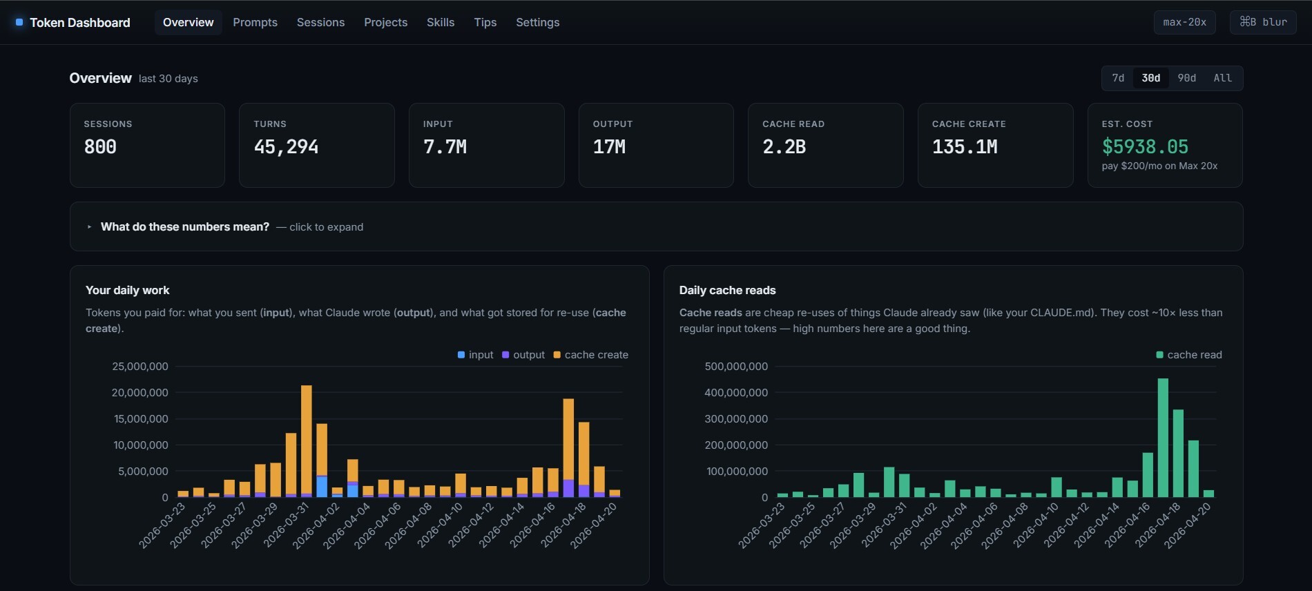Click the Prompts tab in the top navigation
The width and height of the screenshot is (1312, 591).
click(255, 22)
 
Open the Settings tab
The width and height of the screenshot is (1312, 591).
click(537, 22)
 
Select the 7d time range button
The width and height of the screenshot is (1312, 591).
click(1118, 78)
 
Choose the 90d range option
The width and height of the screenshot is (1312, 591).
click(1186, 78)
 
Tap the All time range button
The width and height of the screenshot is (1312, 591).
click(1222, 78)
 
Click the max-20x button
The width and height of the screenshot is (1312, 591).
click(1184, 22)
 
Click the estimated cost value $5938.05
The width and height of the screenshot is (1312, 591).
click(1145, 146)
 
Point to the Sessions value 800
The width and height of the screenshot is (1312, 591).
click(100, 146)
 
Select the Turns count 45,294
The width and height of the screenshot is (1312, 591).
click(286, 146)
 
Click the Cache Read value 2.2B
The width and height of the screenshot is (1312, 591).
click(784, 146)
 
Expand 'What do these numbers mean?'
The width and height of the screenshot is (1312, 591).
click(184, 226)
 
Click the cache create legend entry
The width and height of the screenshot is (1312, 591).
click(591, 355)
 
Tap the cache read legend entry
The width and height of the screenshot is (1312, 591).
click(1189, 355)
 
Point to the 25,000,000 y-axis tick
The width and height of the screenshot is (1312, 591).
click(140, 367)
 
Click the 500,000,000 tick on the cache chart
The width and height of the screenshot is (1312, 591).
click(736, 367)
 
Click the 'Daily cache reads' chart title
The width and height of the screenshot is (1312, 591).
click(727, 290)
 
